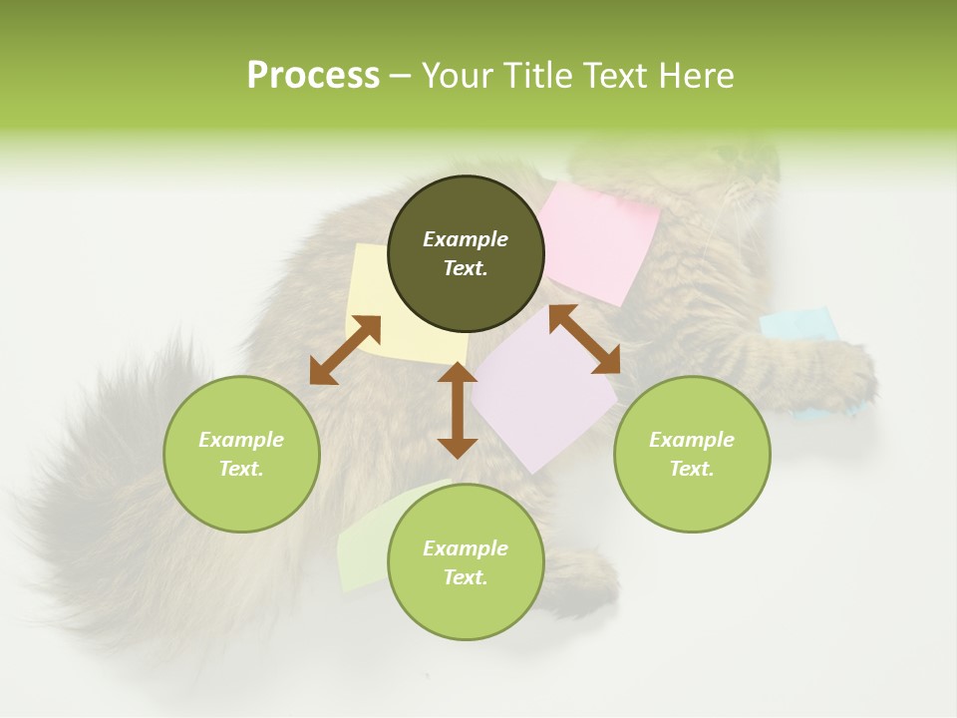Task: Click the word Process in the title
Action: (x=313, y=76)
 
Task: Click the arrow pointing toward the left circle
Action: (x=345, y=350)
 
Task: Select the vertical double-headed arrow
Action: (x=458, y=410)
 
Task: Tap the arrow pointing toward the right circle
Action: (x=584, y=339)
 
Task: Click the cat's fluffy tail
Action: (x=100, y=499)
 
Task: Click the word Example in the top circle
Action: (x=466, y=239)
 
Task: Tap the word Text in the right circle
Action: (x=692, y=469)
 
